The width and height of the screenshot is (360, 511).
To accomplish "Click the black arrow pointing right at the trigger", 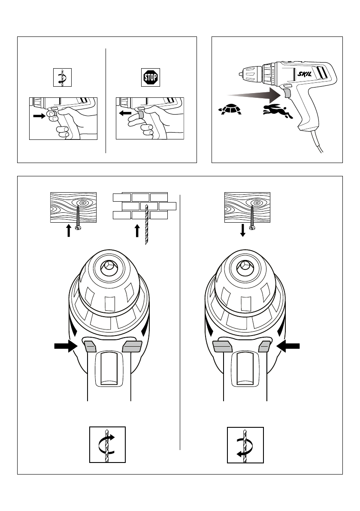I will [39, 116].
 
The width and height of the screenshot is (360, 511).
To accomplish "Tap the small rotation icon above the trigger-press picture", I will [61, 78].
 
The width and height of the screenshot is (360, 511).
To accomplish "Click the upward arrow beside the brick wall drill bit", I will [137, 230].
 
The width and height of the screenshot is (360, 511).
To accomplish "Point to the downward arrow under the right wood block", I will [243, 230].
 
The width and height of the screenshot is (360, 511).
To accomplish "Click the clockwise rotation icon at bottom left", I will [107, 444].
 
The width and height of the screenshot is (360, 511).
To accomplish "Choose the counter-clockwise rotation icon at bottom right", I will [245, 444].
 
